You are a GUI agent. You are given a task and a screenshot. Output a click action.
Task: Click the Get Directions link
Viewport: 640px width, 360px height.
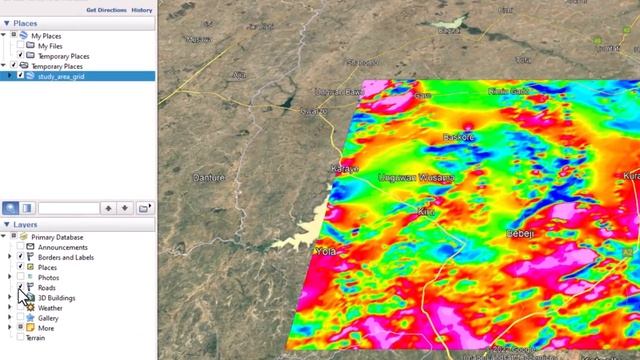(x=106, y=9)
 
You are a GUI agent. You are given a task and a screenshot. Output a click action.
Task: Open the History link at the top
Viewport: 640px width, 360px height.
(x=142, y=9)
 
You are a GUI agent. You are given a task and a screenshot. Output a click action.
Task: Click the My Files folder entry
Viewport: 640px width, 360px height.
(x=49, y=46)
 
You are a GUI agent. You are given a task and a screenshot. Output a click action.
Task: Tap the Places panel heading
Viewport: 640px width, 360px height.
(x=25, y=22)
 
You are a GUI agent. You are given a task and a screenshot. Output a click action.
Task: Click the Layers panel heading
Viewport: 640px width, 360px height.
(x=26, y=225)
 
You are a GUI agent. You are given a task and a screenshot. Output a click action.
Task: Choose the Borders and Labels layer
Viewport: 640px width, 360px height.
(x=65, y=257)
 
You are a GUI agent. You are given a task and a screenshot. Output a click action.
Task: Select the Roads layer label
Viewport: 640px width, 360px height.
(x=47, y=288)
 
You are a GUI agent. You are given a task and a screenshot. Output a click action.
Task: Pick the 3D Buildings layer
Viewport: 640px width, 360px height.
(x=56, y=298)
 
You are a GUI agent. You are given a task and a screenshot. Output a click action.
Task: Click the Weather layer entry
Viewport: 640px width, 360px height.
(x=50, y=308)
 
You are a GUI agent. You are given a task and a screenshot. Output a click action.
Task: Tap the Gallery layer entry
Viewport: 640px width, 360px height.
(x=48, y=318)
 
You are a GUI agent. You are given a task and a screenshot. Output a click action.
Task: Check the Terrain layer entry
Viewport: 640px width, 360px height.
(x=35, y=337)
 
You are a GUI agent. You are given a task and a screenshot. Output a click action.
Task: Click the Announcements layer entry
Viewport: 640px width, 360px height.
(x=62, y=247)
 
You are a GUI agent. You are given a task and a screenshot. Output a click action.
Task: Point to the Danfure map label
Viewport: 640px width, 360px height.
(x=208, y=178)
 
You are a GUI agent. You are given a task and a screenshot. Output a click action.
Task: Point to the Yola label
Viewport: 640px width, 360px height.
(x=326, y=252)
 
